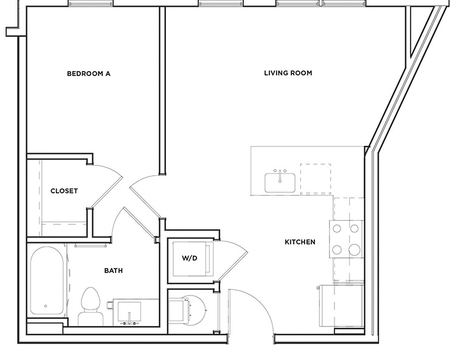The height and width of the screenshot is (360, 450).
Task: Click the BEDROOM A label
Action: coord(88,74)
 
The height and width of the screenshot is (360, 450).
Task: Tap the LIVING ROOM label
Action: coord(288,73)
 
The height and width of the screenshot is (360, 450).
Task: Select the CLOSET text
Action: coord(64,191)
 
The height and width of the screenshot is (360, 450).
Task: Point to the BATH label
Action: coord(114,271)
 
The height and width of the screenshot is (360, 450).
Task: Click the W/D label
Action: coord(190,258)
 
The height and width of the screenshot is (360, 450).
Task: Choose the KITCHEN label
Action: coord(300,242)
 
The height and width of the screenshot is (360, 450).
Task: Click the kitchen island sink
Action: coord(280,182)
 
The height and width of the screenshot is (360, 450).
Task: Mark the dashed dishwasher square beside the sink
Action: coord(316,178)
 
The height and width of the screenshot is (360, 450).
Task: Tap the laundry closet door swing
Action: coord(234,258)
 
